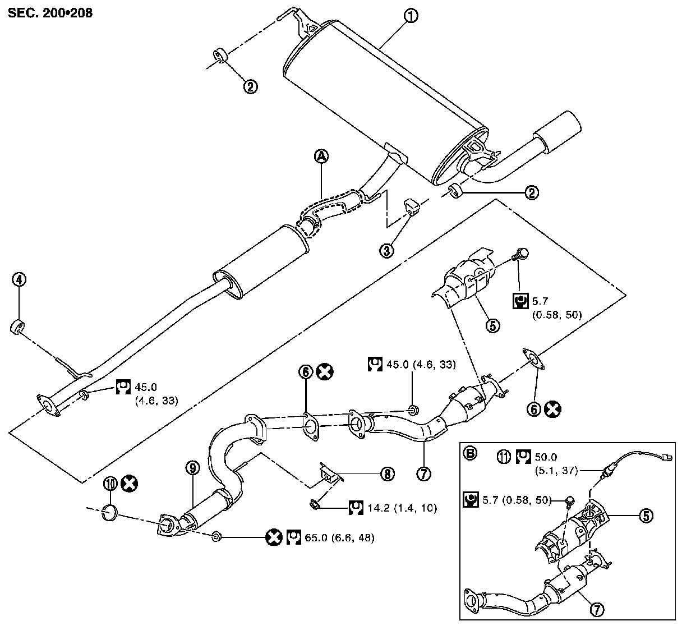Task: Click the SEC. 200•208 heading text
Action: point(50,12)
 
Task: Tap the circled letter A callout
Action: point(321,157)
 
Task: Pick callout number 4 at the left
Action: point(20,279)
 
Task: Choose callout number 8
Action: point(387,475)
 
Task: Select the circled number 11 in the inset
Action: point(504,457)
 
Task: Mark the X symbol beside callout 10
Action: point(130,483)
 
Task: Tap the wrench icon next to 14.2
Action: point(355,508)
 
